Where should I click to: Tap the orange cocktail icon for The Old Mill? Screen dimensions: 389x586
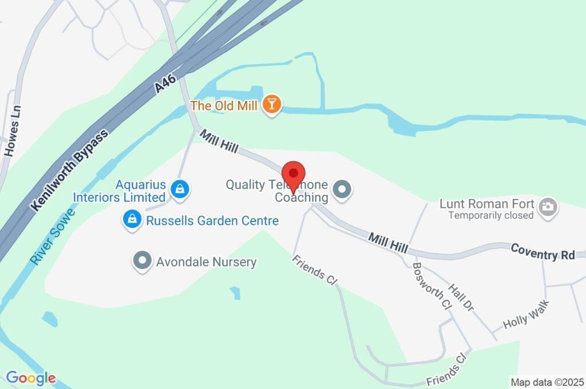[x=272, y=105]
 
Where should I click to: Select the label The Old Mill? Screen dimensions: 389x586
[x=224, y=106]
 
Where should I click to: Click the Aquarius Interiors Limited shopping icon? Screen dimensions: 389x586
[x=180, y=190]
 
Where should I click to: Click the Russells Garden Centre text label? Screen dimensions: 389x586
[x=212, y=221]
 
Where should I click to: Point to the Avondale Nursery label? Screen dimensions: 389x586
[x=206, y=262]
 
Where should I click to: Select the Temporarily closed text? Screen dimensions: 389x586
[x=491, y=216]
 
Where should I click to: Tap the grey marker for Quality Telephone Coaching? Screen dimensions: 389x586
[x=342, y=189]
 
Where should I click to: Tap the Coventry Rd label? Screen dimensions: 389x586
[x=543, y=252]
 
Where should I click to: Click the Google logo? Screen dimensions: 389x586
[x=31, y=378]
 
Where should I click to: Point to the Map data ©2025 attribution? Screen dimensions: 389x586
[x=547, y=382]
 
